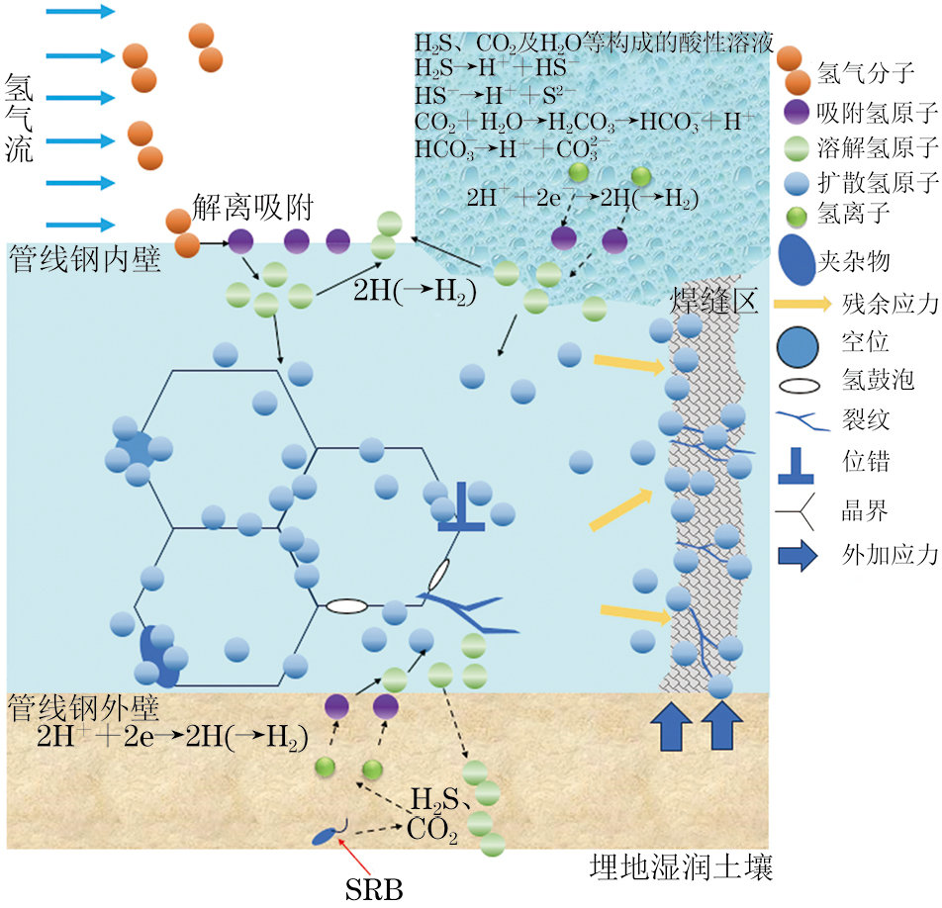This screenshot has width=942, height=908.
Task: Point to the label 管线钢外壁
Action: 84,706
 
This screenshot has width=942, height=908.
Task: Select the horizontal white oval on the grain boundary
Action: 346,605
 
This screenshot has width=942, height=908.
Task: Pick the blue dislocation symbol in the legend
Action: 796,465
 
